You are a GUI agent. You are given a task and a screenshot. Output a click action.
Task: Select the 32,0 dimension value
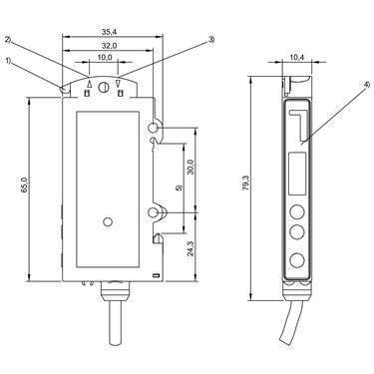[109, 46]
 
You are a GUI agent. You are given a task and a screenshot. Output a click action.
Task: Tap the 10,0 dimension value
[104, 58]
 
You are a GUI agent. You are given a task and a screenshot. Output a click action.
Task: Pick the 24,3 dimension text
[189, 247]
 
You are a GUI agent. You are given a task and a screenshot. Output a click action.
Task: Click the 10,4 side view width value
[297, 57]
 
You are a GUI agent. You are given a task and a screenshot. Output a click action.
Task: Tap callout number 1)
[8, 61]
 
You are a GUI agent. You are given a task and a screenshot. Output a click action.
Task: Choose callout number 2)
[8, 40]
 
